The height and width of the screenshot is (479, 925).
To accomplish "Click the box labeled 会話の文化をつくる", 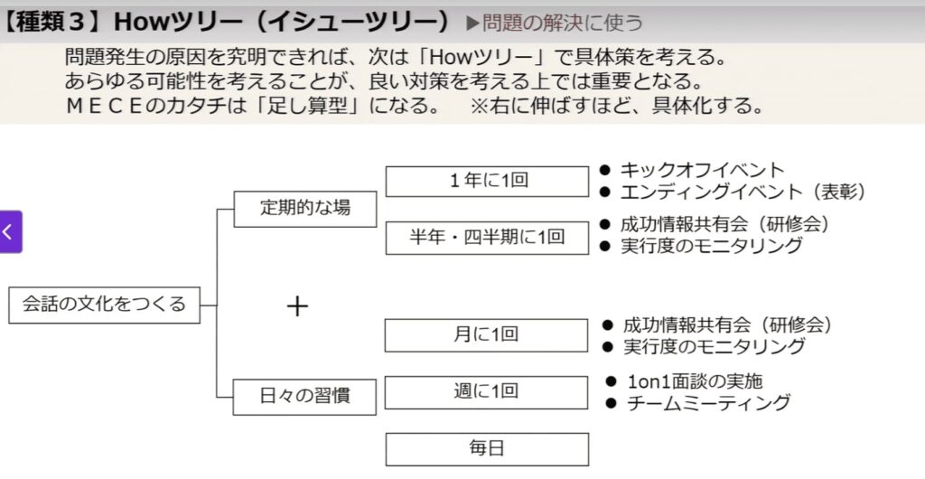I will (x=104, y=305).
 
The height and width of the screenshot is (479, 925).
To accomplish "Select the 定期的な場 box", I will (x=305, y=208).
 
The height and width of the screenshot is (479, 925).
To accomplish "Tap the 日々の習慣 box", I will (x=305, y=396).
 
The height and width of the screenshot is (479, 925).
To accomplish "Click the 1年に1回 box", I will (x=487, y=181).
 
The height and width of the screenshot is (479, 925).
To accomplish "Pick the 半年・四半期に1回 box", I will (x=487, y=237).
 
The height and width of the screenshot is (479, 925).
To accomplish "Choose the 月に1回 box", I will (x=487, y=334).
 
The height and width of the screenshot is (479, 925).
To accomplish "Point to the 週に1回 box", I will (x=487, y=392).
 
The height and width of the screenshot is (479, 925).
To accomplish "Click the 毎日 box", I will (x=487, y=448).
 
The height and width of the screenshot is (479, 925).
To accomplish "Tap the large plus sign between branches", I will (x=297, y=306).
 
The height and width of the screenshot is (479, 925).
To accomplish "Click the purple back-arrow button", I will (x=10, y=232).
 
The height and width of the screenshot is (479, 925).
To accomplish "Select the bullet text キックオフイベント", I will (x=702, y=170).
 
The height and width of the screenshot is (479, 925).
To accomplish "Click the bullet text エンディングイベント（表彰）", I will (x=743, y=192).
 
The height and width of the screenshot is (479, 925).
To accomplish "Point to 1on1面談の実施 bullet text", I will (x=702, y=380).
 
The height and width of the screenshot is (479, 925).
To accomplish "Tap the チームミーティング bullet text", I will (x=708, y=403).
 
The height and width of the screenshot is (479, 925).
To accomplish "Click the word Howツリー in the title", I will (x=156, y=19).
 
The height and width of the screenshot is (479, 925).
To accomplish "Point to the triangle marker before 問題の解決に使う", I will (x=472, y=21).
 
